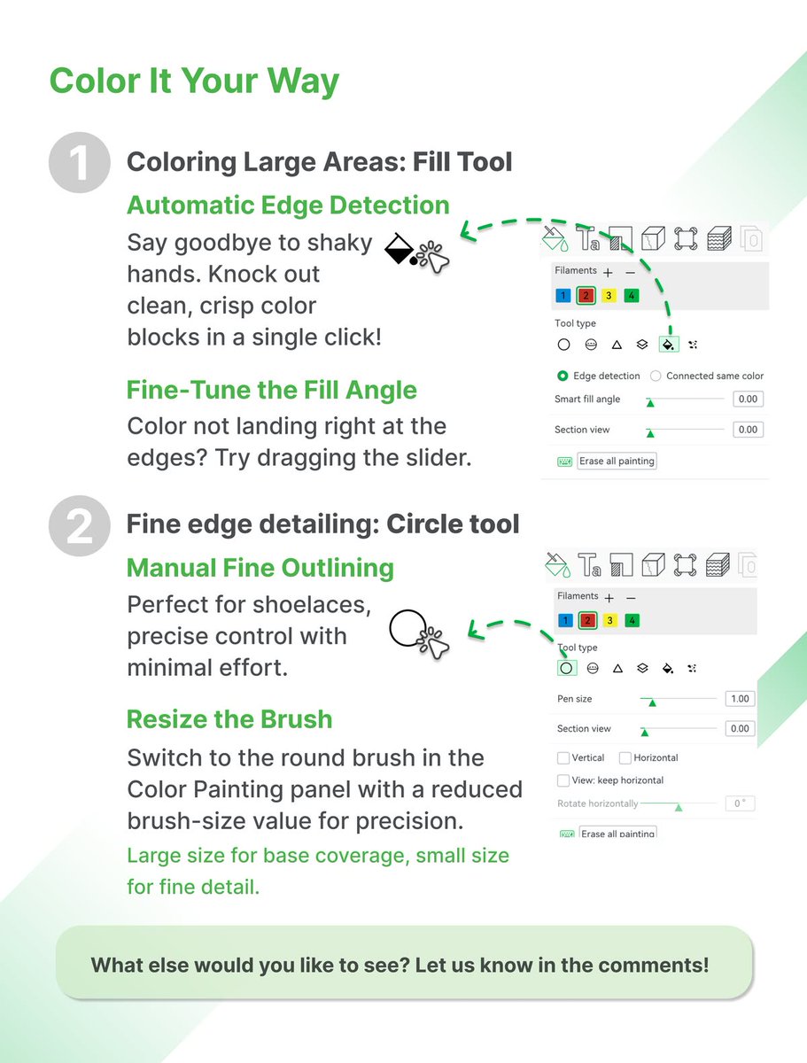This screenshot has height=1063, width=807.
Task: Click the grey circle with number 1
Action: (80, 162)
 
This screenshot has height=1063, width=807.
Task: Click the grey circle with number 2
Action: (80, 525)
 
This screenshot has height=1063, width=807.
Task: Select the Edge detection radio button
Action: (563, 376)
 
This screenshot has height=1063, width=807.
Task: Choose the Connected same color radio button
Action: (656, 376)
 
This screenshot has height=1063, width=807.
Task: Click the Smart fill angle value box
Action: (748, 399)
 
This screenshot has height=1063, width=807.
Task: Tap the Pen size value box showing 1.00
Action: (740, 699)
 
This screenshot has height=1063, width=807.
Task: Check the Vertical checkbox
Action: (563, 758)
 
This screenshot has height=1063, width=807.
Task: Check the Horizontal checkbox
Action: (625, 758)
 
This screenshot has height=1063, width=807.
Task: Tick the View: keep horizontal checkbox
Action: (563, 780)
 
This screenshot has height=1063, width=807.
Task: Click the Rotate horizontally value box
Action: (740, 803)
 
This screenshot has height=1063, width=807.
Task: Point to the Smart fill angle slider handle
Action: (650, 402)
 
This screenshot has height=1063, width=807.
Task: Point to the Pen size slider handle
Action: (652, 702)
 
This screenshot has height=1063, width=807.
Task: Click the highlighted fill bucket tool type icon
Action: (669, 345)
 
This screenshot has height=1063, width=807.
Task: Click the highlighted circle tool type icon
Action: (566, 668)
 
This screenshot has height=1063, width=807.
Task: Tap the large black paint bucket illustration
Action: (400, 249)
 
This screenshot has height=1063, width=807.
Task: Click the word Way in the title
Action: (303, 81)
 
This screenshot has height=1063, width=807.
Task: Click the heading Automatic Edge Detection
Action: (289, 205)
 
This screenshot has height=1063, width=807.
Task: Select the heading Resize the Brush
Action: (229, 719)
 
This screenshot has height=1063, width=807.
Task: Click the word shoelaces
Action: (312, 605)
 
